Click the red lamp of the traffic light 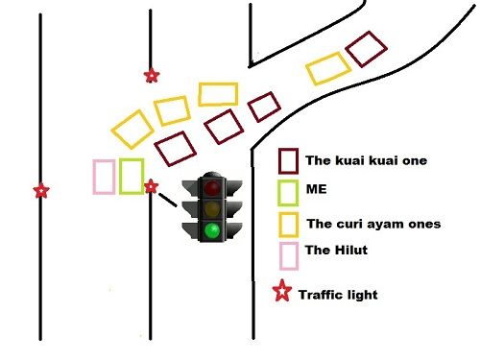210,186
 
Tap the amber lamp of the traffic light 210,208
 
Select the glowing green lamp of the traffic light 210,230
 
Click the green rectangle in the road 132,177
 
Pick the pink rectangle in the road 104,177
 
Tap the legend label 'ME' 316,190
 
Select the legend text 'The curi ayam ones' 372,224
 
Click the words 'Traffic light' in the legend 337,295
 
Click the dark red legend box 288,160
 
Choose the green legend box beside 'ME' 288,191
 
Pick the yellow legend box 288,224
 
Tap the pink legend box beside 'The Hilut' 288,255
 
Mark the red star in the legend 282,293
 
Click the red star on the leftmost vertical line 40,191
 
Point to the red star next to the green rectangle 151,186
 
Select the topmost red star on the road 151,76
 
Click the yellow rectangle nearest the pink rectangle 132,128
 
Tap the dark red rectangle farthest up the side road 366,49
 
